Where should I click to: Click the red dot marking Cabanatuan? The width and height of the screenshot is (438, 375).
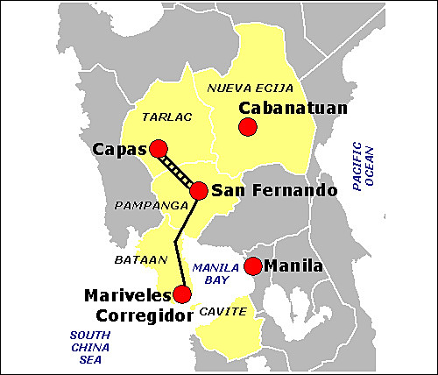point(247,127)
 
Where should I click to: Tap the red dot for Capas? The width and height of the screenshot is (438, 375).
point(159,149)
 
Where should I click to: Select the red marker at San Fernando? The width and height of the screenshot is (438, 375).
point(199,190)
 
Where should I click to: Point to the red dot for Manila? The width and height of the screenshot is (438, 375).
point(252,265)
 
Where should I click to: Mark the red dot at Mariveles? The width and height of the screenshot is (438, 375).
point(182,294)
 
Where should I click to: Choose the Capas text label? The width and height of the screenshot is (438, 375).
point(119,150)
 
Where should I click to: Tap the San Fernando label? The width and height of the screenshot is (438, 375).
point(263,190)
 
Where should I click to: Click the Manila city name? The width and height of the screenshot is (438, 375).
point(294,265)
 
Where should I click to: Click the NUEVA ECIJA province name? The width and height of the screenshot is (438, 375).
point(251,88)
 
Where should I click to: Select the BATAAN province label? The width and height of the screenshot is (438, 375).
point(134,261)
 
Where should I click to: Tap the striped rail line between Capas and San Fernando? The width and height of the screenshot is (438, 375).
point(179,170)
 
